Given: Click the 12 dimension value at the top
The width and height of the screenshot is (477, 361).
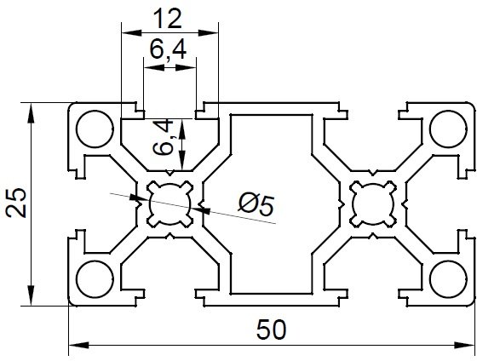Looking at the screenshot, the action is tap(168, 19).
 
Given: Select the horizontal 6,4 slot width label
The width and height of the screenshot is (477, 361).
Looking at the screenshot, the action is tap(168, 50).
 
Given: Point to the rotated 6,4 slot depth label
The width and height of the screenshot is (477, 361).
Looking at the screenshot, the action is tap(164, 138).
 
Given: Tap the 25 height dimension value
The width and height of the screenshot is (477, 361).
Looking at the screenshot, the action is tap(17, 203).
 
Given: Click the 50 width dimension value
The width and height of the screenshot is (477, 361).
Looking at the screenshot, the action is tap(271, 329).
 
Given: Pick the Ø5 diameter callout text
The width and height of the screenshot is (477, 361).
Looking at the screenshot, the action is tap(256, 205).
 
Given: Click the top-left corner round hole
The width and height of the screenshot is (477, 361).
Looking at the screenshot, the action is tap(95, 129).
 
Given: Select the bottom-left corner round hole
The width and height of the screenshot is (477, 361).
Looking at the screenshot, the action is tap(95, 278).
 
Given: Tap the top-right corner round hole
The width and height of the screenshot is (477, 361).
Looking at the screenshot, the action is tap(449, 129).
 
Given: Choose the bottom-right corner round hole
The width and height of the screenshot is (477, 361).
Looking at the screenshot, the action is tap(449, 278).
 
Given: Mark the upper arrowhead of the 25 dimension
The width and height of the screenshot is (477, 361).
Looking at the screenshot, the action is tap(31, 113).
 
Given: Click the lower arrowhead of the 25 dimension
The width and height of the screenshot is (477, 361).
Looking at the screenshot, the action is tap(31, 295).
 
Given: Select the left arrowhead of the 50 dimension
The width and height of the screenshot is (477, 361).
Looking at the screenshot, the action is tap(78, 345).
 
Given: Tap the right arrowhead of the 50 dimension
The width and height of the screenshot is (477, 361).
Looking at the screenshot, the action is tap(464, 345).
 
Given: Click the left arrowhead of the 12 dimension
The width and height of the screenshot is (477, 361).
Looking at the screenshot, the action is tap(132, 32).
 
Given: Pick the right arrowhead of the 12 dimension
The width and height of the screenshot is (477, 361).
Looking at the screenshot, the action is tap(209, 32).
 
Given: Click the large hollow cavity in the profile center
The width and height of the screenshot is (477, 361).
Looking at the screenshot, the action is tap(272, 203).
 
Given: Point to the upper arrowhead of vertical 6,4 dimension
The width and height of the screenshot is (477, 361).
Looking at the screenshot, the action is tap(182, 129).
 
